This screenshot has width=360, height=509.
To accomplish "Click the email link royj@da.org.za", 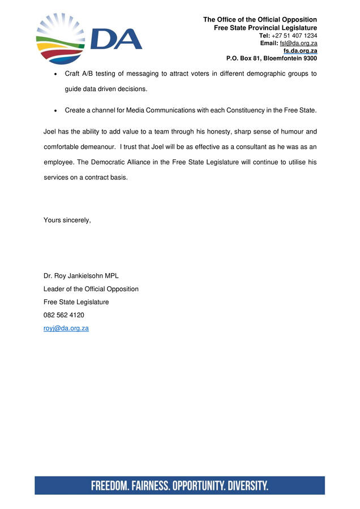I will point(66,328).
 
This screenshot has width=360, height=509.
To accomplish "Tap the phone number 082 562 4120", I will point(64,315).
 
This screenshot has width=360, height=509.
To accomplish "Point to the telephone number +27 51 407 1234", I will point(295,36).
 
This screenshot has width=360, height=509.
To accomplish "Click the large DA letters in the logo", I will point(116,39).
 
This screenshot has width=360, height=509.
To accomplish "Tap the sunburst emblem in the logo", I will point(59,38).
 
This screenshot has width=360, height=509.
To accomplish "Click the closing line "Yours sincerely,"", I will point(67,220).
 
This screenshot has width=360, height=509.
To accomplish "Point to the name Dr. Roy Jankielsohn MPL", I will point(81,276).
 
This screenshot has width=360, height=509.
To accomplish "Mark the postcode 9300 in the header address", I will point(309,58).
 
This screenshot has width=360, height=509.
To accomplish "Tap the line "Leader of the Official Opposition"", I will point(91,289).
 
